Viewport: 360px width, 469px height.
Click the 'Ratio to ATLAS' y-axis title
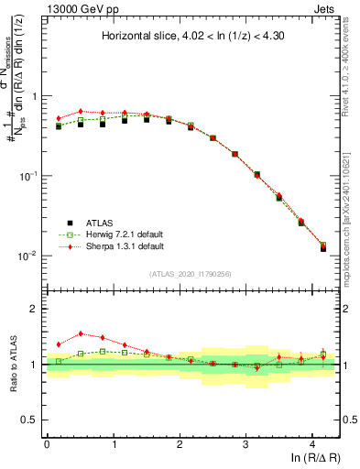16,364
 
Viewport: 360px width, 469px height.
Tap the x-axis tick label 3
246,443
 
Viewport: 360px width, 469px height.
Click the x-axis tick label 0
47,443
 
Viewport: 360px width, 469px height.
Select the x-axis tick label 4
312,443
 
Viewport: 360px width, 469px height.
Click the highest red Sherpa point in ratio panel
81,333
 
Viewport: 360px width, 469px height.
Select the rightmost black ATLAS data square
323,248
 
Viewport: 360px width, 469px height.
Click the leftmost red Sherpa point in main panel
59,118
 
